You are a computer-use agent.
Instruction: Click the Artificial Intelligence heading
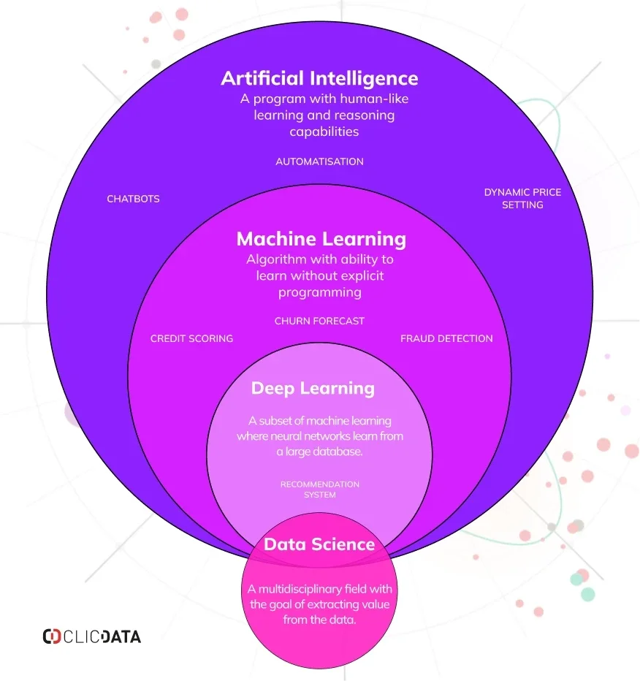tap(319, 79)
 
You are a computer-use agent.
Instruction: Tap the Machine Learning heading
tap(321, 240)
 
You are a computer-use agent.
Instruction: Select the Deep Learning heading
tap(313, 389)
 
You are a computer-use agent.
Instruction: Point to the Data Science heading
tap(319, 544)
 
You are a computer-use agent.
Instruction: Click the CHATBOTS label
tap(133, 199)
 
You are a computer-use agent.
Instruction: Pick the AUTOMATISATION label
tap(319, 161)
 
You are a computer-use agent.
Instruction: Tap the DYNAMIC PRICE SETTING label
tap(523, 199)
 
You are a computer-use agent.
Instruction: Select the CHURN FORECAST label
tap(319, 321)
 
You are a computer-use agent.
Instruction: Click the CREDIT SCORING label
tap(191, 338)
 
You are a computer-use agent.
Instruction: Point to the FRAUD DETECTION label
tap(446, 338)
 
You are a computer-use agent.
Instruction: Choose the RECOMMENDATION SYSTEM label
tap(319, 490)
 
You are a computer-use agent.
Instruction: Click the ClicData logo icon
tap(52, 636)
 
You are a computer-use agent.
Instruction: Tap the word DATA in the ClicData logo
tap(121, 636)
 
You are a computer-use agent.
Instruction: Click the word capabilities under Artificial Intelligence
tap(324, 132)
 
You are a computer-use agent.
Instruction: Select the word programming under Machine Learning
tap(320, 292)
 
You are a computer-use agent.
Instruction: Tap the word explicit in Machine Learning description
tap(361, 275)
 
